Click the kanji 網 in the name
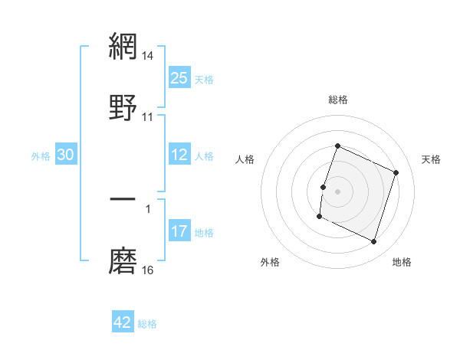click(x=123, y=46)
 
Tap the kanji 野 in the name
click(x=123, y=105)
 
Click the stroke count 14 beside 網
click(x=148, y=56)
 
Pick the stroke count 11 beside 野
click(x=148, y=116)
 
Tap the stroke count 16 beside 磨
click(x=148, y=270)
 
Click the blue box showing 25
click(x=179, y=78)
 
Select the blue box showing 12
click(x=179, y=155)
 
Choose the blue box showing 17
click(x=179, y=231)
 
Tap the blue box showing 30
click(x=66, y=155)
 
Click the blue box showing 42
click(x=123, y=322)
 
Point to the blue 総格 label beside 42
click(x=147, y=324)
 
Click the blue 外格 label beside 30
click(x=41, y=156)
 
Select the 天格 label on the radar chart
click(x=431, y=159)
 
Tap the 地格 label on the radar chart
click(x=402, y=262)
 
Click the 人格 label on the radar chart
click(x=245, y=159)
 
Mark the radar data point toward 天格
click(x=396, y=172)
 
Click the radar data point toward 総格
click(x=337, y=146)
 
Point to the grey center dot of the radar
click(x=337, y=191)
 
